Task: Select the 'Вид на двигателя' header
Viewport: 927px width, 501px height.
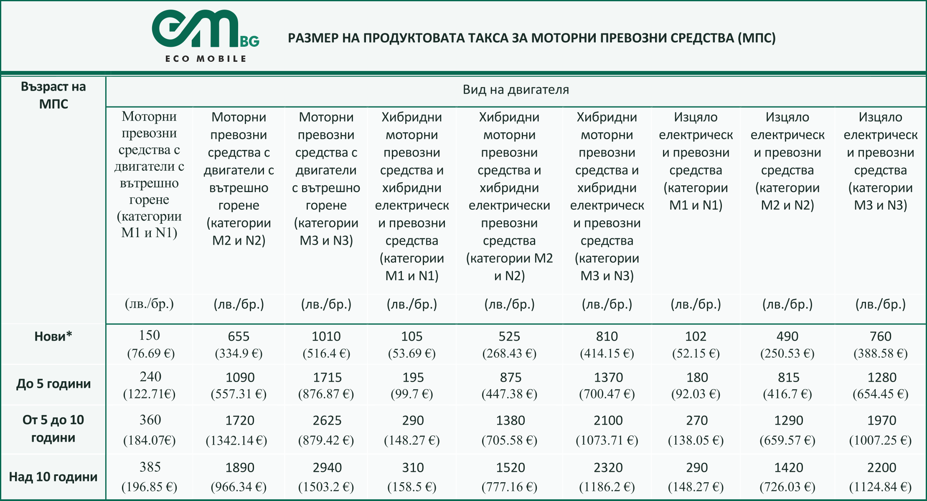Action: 516,90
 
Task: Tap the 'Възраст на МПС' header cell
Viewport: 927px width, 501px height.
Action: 53,95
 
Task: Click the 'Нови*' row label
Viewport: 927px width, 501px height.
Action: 53,336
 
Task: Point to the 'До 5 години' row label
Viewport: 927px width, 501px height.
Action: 53,384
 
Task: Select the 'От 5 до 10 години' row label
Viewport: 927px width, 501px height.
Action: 53,429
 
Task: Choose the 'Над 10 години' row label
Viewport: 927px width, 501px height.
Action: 53,477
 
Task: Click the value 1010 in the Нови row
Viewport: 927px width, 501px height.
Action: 326,336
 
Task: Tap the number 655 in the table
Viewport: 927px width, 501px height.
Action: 239,336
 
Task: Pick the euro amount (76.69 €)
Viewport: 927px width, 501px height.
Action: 151,354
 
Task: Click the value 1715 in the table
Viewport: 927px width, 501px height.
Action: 327,377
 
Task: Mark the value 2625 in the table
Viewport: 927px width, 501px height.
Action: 327,420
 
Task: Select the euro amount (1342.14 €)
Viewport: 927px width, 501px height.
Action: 236,440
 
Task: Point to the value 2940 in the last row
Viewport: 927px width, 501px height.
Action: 327,468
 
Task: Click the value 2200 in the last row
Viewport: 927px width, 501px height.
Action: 881,468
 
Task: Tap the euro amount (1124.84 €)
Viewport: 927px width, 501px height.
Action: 880,487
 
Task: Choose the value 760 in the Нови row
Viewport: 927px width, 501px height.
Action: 880,336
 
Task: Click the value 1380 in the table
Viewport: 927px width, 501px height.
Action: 510,420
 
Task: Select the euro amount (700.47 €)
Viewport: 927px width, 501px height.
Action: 607,394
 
